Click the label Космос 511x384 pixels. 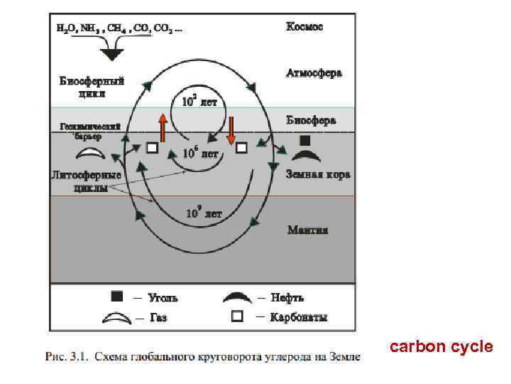(304, 27)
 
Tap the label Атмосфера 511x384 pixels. (314, 73)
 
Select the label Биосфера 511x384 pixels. (311, 120)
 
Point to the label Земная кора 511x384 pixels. (317, 174)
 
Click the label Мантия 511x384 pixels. (307, 230)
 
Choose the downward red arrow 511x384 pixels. (231, 130)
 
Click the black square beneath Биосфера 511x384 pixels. (304, 140)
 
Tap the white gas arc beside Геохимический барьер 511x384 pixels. (90, 153)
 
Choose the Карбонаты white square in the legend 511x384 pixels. (238, 316)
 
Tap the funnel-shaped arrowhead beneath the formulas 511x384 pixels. (111, 51)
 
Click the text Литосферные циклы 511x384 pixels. (86, 181)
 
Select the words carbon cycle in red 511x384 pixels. (441, 347)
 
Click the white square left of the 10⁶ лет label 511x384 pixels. (151, 148)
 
